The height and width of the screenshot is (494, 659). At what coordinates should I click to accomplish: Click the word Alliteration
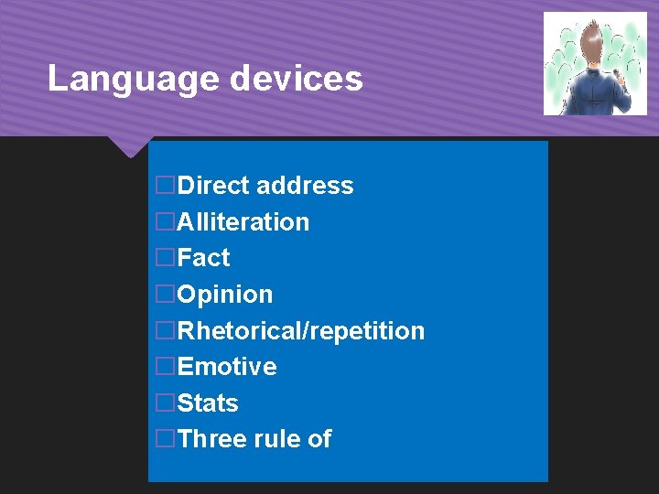(243, 222)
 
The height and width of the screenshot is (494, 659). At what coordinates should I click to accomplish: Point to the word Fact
(204, 258)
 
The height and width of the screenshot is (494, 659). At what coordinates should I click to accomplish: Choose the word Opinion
(225, 295)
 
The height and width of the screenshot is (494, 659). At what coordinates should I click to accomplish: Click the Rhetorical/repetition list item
(301, 330)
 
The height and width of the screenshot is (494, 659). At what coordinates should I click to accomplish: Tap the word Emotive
(227, 367)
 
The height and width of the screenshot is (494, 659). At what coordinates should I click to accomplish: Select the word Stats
(208, 403)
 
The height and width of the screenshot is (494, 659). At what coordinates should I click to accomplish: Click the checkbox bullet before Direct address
(165, 186)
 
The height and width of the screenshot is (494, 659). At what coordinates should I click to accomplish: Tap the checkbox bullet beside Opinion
(165, 295)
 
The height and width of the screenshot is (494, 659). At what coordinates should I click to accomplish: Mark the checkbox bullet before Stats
(165, 403)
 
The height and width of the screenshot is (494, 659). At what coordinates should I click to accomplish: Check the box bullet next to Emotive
(165, 367)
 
